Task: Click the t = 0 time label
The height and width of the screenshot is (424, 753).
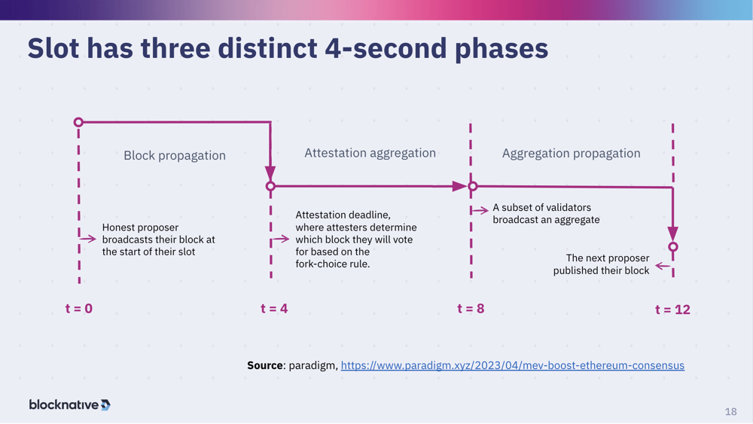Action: [x=79, y=308]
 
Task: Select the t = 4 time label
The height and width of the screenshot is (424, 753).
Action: [x=274, y=308]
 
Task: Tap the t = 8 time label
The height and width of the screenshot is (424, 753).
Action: [x=471, y=308]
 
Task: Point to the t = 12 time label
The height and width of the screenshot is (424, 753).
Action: [x=672, y=309]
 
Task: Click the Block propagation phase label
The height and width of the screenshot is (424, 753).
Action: [x=175, y=155]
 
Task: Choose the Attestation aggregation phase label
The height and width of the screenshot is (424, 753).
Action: [x=370, y=153]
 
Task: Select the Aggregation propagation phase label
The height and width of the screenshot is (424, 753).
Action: [x=571, y=153]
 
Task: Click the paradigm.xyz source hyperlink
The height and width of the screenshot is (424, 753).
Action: [x=512, y=365]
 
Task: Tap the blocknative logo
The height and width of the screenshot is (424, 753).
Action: [x=69, y=404]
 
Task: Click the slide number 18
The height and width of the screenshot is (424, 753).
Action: [x=730, y=411]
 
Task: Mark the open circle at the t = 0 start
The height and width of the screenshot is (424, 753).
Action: [x=78, y=122]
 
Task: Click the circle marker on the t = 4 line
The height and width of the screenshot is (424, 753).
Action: [x=270, y=186]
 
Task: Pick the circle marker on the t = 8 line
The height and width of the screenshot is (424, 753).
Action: [x=473, y=186]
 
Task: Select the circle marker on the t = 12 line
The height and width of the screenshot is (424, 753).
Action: [x=673, y=246]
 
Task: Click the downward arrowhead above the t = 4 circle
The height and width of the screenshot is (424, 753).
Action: [x=270, y=173]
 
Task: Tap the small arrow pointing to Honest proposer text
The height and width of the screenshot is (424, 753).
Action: [x=88, y=239]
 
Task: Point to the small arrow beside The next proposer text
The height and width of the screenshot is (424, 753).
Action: [x=662, y=266]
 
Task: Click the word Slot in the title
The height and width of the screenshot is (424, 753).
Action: [x=53, y=49]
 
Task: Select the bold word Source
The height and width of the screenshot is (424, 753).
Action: [x=265, y=365]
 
